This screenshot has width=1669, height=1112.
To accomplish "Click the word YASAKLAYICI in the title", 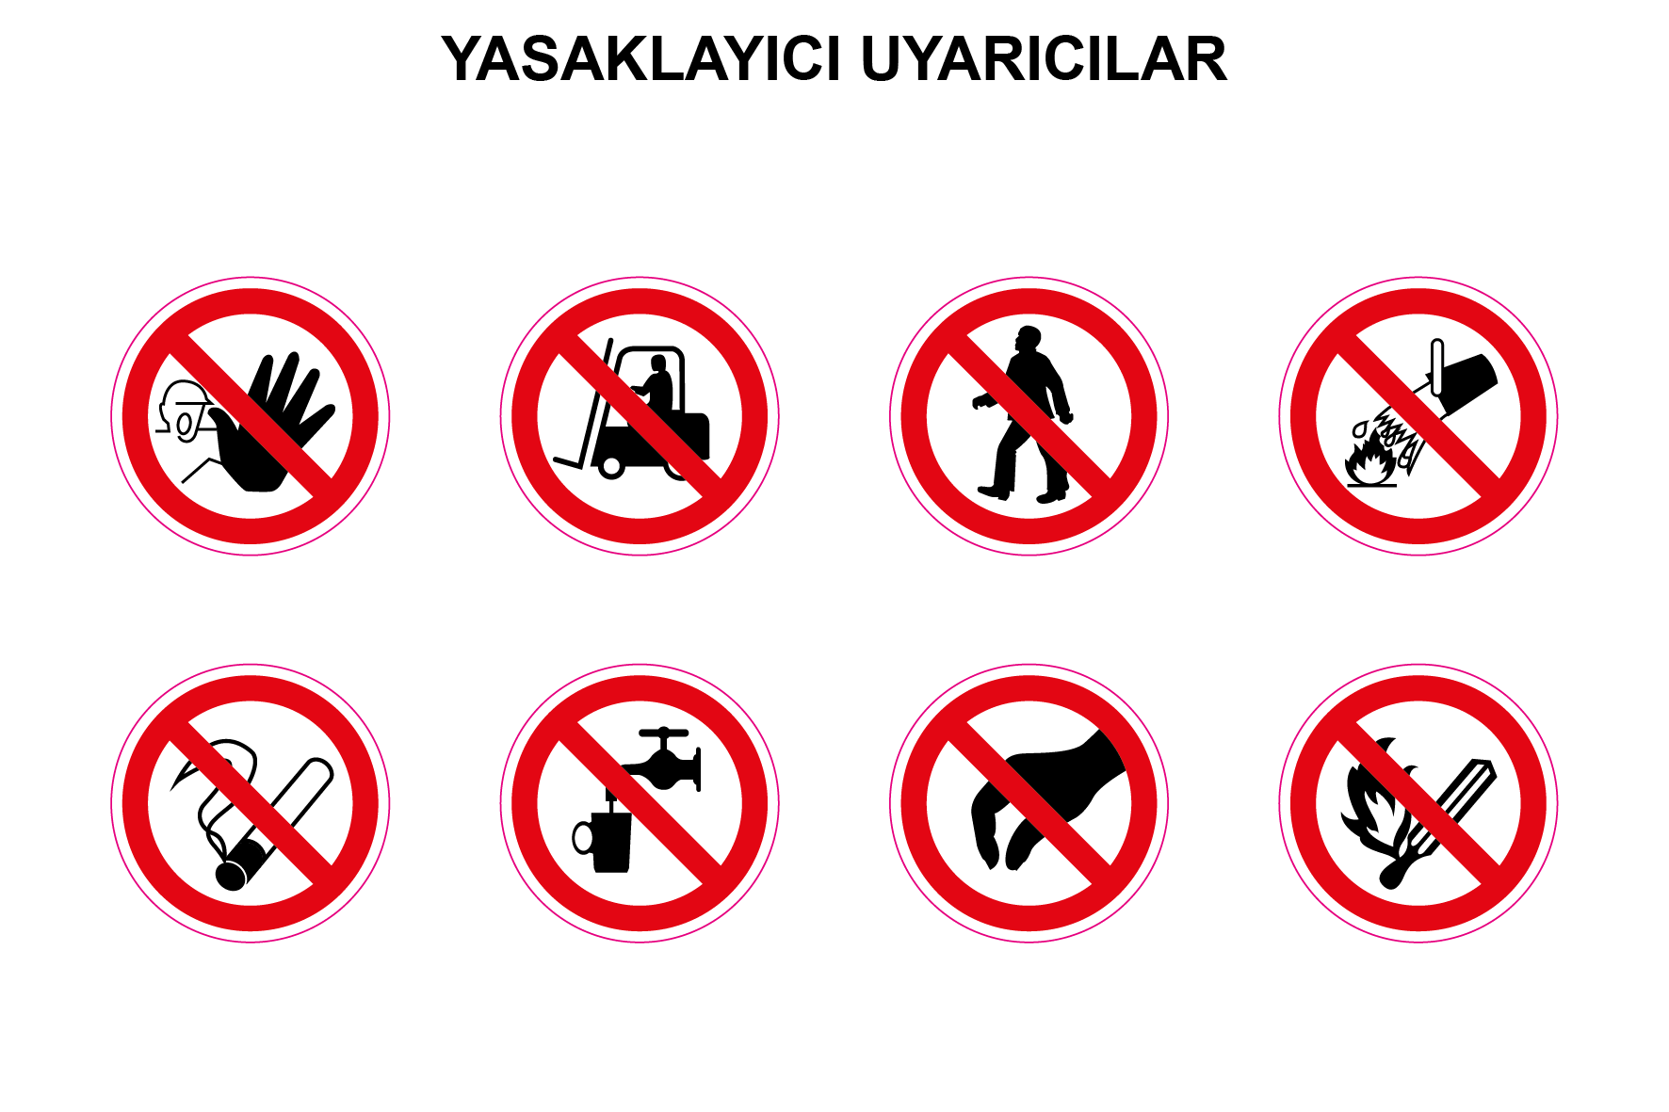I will tap(640, 59).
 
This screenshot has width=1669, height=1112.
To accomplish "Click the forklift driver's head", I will tap(658, 363).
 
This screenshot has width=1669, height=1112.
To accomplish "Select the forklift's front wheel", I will tap(611, 466).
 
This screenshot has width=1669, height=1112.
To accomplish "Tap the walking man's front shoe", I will tap(993, 492).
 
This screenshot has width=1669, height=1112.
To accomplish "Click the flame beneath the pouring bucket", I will tap(1369, 464).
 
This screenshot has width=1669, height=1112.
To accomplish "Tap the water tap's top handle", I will tap(663, 733).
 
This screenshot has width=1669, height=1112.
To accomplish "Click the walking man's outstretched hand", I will tap(980, 402).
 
